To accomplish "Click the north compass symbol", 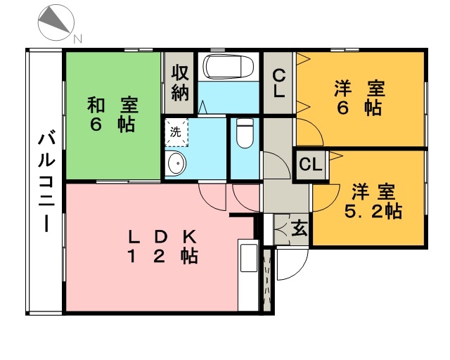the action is pyautogui.click(x=56, y=22).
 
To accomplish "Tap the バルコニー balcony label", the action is pyautogui.click(x=46, y=181).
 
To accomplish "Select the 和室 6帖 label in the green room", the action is pyautogui.click(x=112, y=115).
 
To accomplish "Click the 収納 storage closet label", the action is pyautogui.click(x=180, y=83).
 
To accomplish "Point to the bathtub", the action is pyautogui.click(x=229, y=66).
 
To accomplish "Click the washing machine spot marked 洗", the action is pyautogui.click(x=176, y=132).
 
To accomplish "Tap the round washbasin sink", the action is pyautogui.click(x=176, y=163).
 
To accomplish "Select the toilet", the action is pyautogui.click(x=245, y=133).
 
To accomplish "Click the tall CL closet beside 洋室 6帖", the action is pyautogui.click(x=278, y=83).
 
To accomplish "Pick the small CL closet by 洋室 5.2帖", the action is pyautogui.click(x=311, y=165).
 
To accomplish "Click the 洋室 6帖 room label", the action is pyautogui.click(x=359, y=98).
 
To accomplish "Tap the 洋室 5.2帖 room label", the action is pyautogui.click(x=373, y=201).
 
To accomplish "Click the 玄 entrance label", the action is pyautogui.click(x=300, y=229).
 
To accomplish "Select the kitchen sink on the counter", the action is pyautogui.click(x=249, y=258).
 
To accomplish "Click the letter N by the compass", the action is pyautogui.click(x=78, y=39).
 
